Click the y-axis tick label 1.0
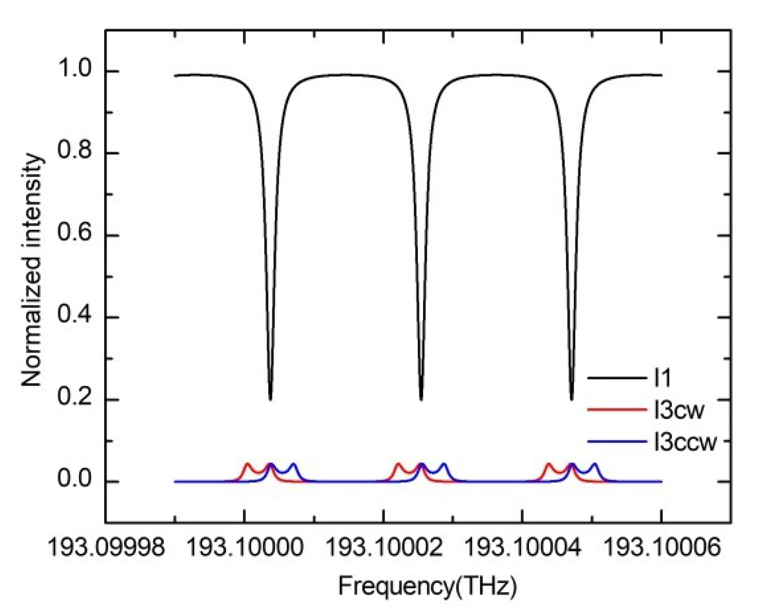coord(74,71)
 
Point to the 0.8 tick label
coord(74,153)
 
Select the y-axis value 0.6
coord(74,235)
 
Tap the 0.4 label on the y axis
coord(74,317)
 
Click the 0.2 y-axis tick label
coord(74,399)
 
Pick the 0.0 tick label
coord(74,481)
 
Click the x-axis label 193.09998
coord(106,548)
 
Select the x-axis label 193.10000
coord(245,548)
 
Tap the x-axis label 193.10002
coord(383,548)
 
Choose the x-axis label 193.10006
coord(661,548)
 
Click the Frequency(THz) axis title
coord(427,586)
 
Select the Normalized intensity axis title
coord(32,270)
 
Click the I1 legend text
coord(662,378)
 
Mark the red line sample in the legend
coord(617,410)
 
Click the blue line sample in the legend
coord(617,442)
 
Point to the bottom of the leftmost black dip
coord(270,399)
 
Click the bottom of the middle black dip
coord(421,399)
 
